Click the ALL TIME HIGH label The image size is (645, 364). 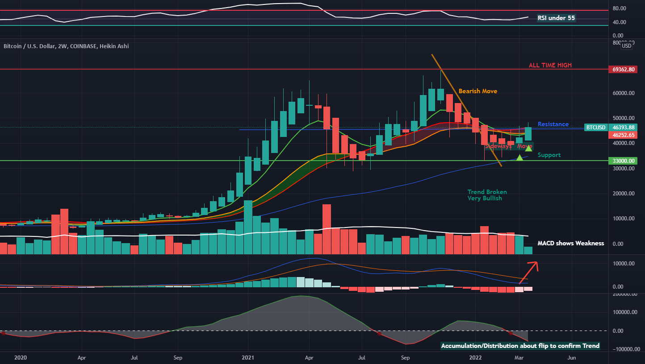point(550,66)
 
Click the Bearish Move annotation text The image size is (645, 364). point(477,91)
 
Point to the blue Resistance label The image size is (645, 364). point(553,124)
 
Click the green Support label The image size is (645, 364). point(549,155)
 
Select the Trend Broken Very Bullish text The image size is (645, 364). point(487,195)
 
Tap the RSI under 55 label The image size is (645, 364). point(556,18)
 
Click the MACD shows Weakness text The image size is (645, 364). point(570,243)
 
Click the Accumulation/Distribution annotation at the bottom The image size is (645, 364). point(520,346)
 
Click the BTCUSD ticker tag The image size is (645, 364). point(595,128)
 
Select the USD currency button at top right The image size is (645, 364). point(627,45)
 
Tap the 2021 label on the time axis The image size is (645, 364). point(247,357)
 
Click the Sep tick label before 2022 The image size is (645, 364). point(405,357)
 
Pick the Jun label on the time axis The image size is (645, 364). point(571,357)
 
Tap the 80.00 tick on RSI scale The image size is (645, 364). point(619,8)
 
